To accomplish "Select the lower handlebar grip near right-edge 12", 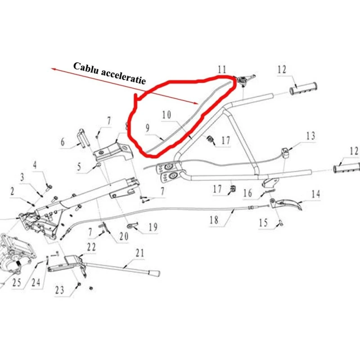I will pos(346,168).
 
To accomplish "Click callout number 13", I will pos(310,136).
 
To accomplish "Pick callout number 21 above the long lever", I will pos(140,253).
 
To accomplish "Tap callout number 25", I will pos(17,283).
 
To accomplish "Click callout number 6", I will pos(63,143).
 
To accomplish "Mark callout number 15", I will pos(264,222).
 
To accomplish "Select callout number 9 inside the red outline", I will pos(147,128).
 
